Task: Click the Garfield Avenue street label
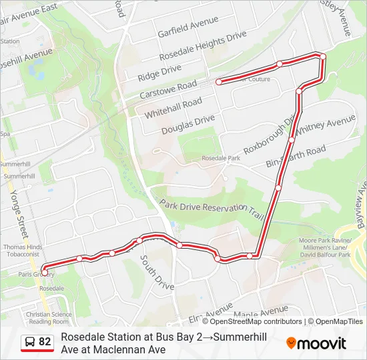click(188, 28)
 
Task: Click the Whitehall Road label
click(173, 107)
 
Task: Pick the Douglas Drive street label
click(188, 124)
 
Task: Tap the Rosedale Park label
click(220, 159)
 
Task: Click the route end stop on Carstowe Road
click(218, 82)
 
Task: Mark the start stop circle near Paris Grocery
click(45, 271)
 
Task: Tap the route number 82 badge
click(37, 342)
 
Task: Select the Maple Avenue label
click(261, 312)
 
